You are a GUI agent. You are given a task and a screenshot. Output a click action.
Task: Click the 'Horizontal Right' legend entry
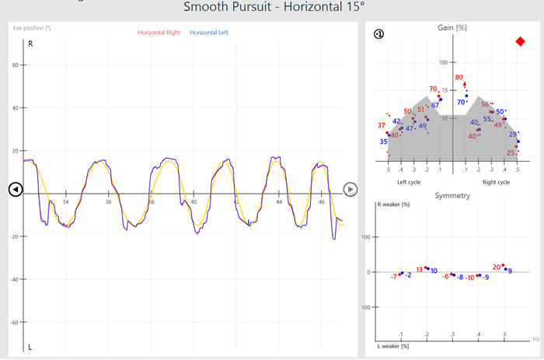click(x=159, y=33)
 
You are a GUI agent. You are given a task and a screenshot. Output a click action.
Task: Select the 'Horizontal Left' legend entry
click(x=209, y=33)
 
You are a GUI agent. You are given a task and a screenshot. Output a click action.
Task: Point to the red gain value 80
click(x=459, y=78)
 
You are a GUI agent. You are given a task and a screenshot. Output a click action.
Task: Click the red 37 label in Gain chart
click(x=382, y=125)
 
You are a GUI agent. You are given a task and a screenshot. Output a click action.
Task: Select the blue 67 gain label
click(x=435, y=105)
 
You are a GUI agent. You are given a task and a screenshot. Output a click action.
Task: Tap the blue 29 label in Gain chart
click(x=513, y=135)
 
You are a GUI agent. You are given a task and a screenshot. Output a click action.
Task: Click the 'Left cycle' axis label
click(x=410, y=182)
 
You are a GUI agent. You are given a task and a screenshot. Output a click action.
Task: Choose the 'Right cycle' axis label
click(x=496, y=182)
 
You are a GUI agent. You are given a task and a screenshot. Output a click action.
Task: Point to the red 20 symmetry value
click(x=497, y=267)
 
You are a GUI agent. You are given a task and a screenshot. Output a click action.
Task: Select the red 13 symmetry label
click(x=420, y=270)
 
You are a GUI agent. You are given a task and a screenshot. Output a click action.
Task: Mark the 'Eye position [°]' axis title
click(x=32, y=28)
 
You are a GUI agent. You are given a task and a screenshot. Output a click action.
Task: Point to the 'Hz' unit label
click(x=535, y=339)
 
